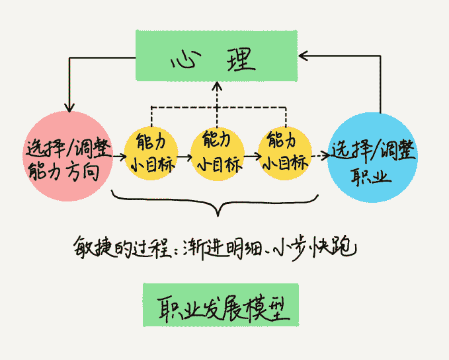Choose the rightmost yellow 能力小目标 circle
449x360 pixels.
(286, 154)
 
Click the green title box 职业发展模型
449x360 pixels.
(211, 306)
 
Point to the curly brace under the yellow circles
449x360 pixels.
(216, 202)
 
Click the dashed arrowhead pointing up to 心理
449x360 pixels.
(217, 86)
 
